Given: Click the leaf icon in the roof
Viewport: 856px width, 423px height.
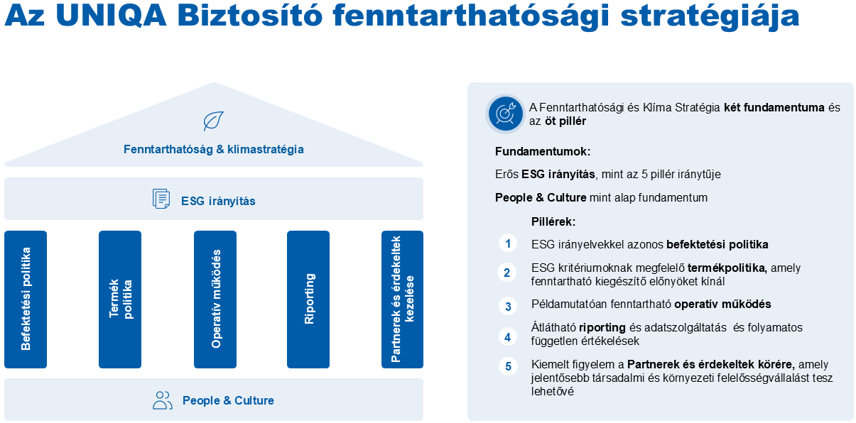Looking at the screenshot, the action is [x=213, y=121].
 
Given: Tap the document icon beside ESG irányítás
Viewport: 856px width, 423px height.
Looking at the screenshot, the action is [x=161, y=199].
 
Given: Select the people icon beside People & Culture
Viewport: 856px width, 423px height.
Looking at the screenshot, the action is [x=163, y=400].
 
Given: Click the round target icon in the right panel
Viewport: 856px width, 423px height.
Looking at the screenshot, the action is [x=505, y=114].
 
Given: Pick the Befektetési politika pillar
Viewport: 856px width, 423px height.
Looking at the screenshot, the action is [x=26, y=300].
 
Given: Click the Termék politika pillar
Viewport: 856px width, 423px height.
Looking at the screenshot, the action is [x=120, y=300].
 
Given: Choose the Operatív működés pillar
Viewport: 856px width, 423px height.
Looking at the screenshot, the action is [x=215, y=300].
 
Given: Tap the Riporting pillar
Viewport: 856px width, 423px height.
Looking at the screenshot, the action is [x=308, y=300].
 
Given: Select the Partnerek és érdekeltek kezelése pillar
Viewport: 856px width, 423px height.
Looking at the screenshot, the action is [x=402, y=300].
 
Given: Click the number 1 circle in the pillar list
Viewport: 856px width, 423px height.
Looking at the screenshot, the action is [x=508, y=243].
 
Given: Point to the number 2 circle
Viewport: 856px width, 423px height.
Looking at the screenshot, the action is [x=507, y=273].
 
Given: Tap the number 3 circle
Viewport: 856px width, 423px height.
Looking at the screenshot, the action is [x=508, y=306].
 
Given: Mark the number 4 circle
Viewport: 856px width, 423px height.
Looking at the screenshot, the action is [x=508, y=337].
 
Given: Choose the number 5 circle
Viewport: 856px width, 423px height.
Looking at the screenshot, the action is [x=508, y=366].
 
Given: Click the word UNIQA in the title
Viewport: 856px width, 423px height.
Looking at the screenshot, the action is [x=111, y=16].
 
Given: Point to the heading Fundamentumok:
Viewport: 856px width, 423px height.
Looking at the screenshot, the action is [x=543, y=152].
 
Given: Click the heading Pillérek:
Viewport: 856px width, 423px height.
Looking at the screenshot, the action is [x=553, y=222].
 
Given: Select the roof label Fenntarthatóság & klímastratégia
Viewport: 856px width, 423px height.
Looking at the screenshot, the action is [x=214, y=149].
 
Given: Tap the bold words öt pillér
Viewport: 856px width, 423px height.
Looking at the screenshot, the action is [x=565, y=121].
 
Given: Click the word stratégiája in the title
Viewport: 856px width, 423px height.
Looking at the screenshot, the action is [x=710, y=17].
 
